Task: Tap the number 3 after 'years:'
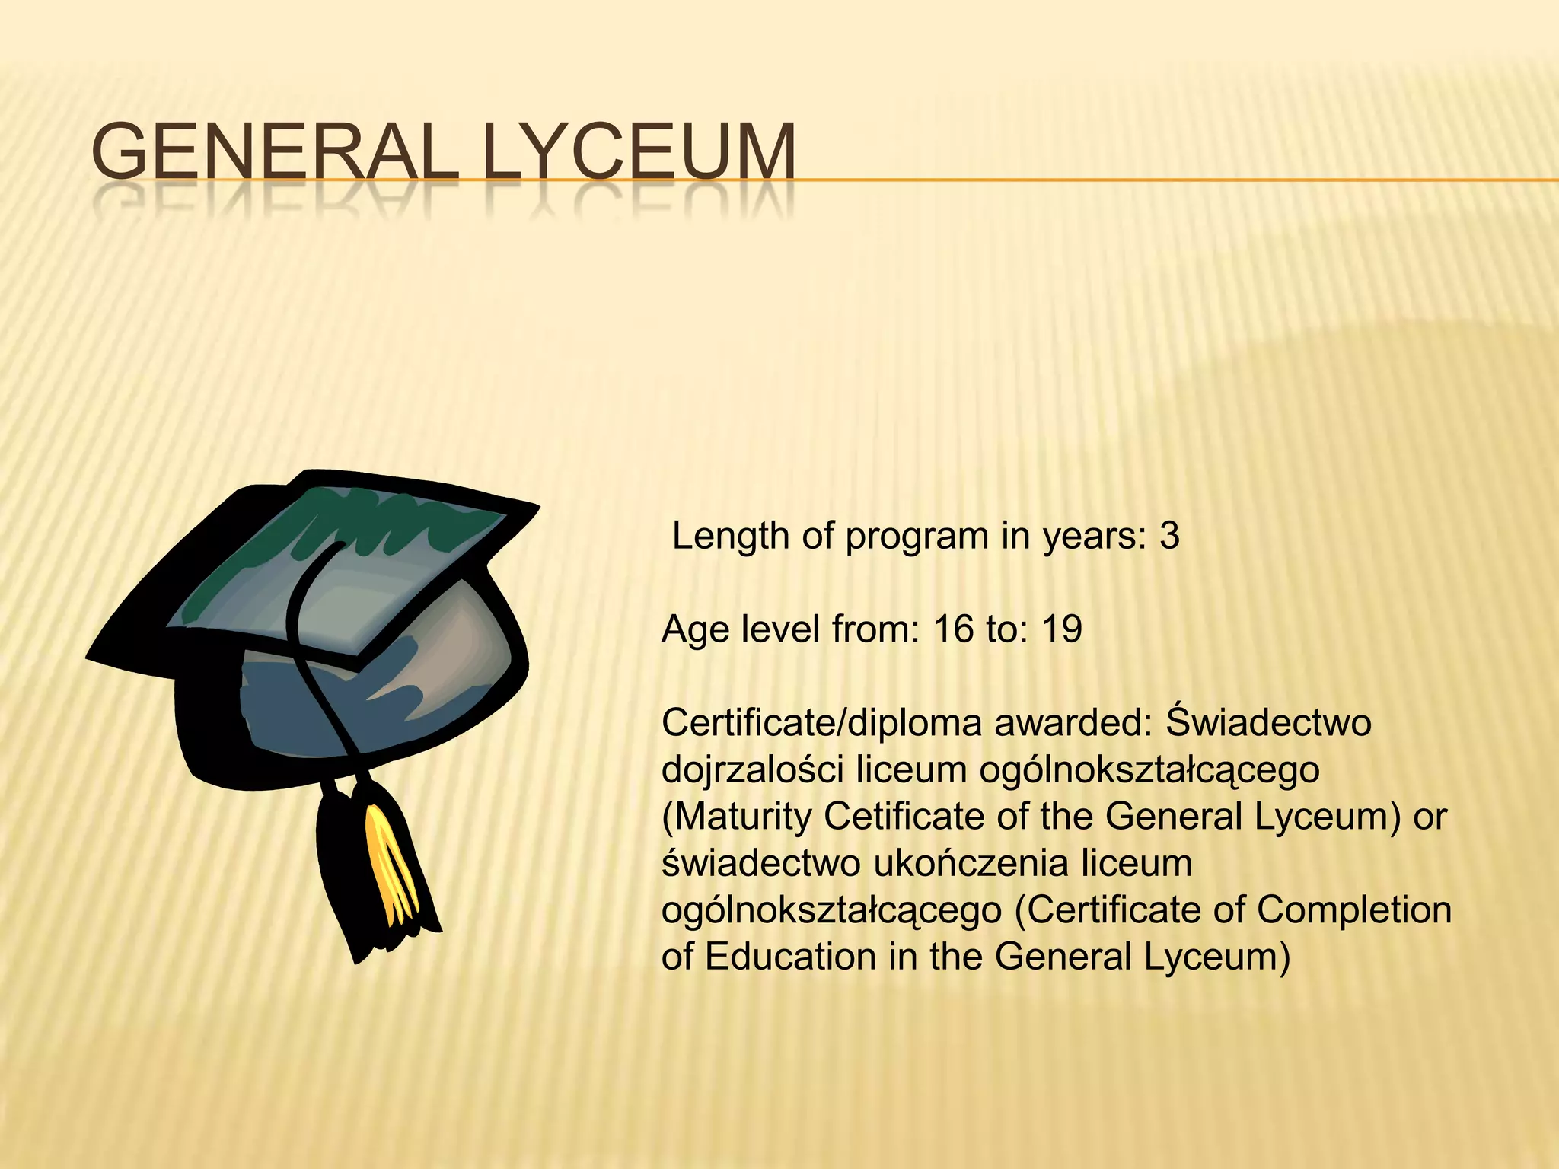(1169, 536)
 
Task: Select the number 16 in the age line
(953, 629)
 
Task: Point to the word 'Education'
(791, 957)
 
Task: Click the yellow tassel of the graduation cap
(391, 868)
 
